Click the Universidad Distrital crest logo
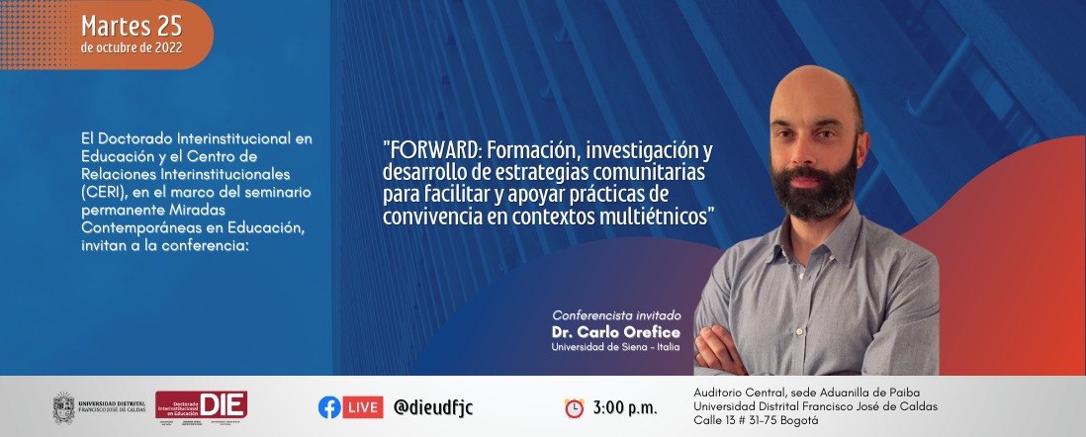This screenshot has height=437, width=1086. coord(64,406)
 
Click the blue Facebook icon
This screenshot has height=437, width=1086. coord(329,407)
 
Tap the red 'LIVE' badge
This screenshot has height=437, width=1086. coord(364,407)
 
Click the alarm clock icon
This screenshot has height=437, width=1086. coord(574,407)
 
